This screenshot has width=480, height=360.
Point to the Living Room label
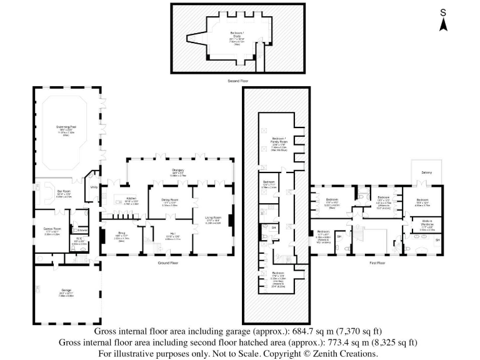214,217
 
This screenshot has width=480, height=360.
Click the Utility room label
94,186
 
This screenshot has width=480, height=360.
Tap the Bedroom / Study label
237,36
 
